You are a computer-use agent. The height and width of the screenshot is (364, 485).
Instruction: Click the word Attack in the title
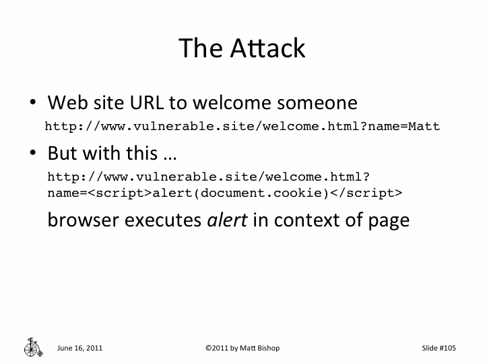pos(268,48)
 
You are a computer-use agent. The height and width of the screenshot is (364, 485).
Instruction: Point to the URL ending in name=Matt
pos(242,126)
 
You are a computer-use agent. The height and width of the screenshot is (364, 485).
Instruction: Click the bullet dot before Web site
pos(32,104)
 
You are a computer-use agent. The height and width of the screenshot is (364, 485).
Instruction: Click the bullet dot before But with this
pos(32,154)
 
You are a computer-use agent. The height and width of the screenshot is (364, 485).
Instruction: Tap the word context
pos(306,220)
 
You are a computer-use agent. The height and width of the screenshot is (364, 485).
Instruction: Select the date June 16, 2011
pos(80,348)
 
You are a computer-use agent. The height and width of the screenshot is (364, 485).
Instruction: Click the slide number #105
pos(448,348)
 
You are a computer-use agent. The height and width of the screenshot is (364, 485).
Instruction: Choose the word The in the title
pos(200,48)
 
